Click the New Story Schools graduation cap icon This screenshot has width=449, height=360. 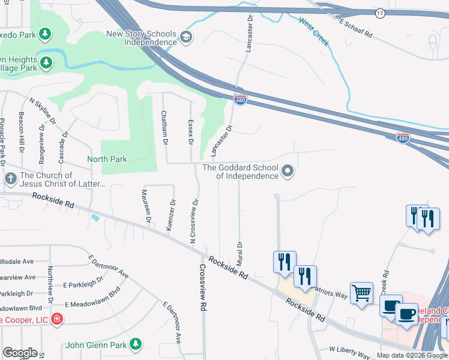[186, 38]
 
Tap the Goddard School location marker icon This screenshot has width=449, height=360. [288, 172]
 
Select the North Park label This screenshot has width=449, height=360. [107, 159]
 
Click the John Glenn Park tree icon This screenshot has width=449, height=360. [136, 344]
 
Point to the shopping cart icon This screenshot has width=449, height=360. [361, 294]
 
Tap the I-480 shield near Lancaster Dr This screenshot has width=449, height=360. [240, 100]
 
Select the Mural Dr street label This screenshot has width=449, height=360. [240, 254]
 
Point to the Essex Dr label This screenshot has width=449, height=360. [191, 130]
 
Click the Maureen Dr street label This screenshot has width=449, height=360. [145, 206]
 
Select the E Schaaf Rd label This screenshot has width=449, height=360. [356, 28]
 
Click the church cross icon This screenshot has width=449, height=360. [10, 179]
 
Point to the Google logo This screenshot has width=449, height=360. [20, 353]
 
